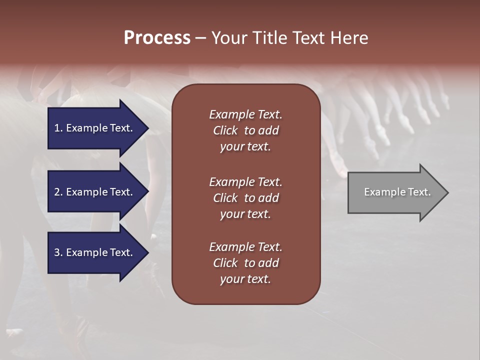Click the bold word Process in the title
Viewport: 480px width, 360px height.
[x=157, y=38]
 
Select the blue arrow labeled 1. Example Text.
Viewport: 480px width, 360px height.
[x=95, y=128]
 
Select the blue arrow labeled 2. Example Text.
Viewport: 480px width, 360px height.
[x=95, y=192]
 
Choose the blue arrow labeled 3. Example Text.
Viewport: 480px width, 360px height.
[x=95, y=252]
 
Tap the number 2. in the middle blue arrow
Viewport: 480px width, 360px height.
[x=58, y=192]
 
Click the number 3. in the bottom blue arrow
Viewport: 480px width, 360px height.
[x=58, y=252]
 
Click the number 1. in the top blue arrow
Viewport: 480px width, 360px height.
[x=58, y=128]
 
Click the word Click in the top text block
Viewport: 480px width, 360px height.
[x=225, y=130]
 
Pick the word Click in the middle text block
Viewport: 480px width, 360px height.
[x=225, y=198]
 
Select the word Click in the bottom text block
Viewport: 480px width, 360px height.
[x=225, y=263]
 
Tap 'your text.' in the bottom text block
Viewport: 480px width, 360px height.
[x=245, y=279]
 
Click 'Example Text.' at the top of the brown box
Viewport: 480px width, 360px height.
[x=245, y=114]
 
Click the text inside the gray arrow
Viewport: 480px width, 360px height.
[x=397, y=192]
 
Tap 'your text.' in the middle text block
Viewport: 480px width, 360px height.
[x=245, y=214]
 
